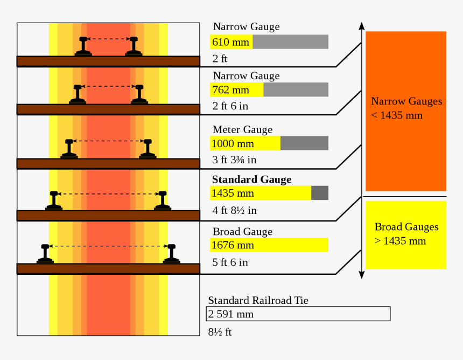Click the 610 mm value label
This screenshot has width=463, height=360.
231,42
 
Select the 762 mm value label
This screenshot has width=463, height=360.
231,90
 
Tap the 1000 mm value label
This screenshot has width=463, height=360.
233,144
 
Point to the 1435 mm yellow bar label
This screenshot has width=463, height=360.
233,193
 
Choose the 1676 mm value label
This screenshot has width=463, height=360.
233,245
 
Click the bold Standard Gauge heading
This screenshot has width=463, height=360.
251,179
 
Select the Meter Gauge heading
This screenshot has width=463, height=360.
242,130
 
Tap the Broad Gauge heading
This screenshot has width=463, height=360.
242,232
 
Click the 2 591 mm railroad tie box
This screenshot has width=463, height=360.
298,314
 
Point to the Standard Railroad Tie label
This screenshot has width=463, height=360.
258,301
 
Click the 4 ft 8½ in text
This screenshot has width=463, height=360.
234,210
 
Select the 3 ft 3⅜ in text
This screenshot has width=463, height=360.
234,160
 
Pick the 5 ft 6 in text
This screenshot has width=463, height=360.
230,262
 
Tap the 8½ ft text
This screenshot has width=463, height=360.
220,332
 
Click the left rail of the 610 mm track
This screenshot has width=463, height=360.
83,46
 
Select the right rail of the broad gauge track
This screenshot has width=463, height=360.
172,254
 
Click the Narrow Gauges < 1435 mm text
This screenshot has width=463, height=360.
406,108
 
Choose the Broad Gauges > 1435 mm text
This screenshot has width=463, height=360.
406,234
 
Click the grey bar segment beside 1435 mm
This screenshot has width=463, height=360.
320,193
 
